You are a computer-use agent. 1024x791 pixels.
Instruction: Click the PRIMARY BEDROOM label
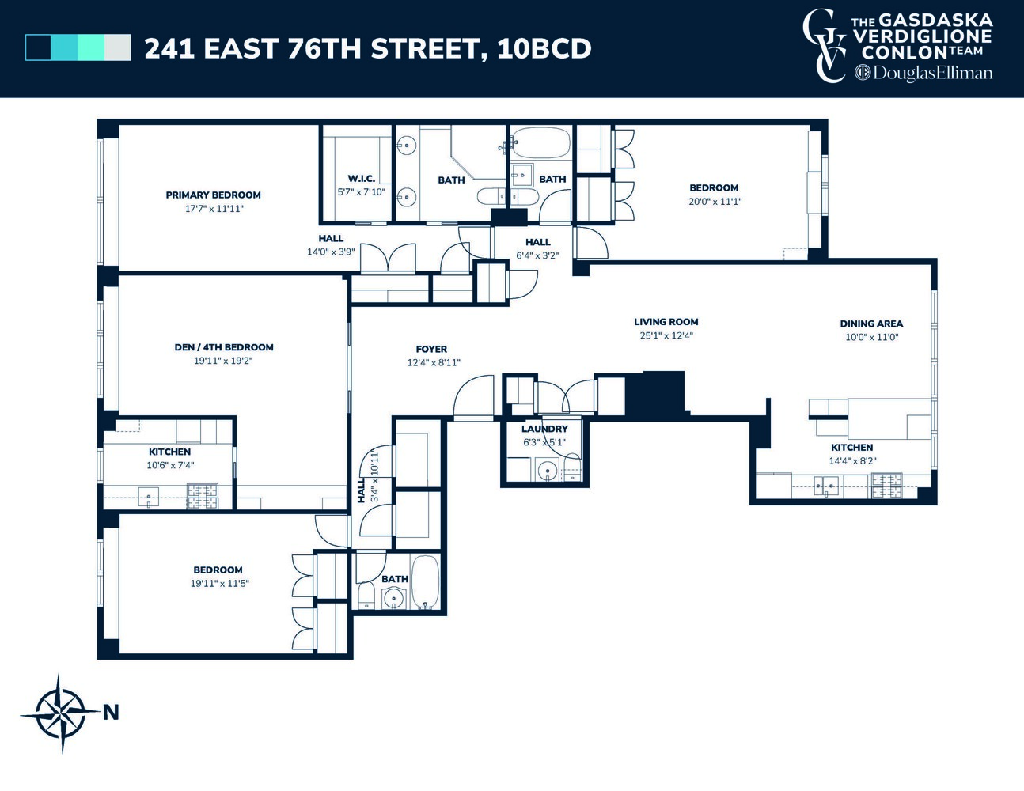point(213,195)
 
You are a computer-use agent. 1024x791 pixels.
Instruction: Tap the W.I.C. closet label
point(361,179)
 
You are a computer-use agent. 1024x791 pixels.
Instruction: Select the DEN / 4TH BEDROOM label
point(224,346)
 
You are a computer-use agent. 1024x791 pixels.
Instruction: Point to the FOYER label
point(431,349)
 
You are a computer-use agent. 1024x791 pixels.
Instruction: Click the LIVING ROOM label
point(666,322)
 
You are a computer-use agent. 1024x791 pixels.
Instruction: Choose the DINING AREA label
point(871,324)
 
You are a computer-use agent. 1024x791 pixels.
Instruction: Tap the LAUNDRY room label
point(544,429)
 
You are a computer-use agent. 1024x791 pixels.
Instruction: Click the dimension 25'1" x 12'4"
point(666,335)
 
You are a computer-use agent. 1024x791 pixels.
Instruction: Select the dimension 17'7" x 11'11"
point(214,209)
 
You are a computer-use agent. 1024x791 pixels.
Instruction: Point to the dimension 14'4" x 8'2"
point(852,461)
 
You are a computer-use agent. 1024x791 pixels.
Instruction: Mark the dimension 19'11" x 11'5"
point(218,584)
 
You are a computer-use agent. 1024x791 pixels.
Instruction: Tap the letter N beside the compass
point(111,713)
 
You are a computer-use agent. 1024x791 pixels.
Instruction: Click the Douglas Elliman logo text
point(924,74)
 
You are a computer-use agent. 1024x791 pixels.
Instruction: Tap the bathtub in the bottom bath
point(425,583)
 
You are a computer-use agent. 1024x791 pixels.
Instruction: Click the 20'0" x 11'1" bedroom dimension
point(715,202)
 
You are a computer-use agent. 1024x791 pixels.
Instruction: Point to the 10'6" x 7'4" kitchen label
point(169,465)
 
